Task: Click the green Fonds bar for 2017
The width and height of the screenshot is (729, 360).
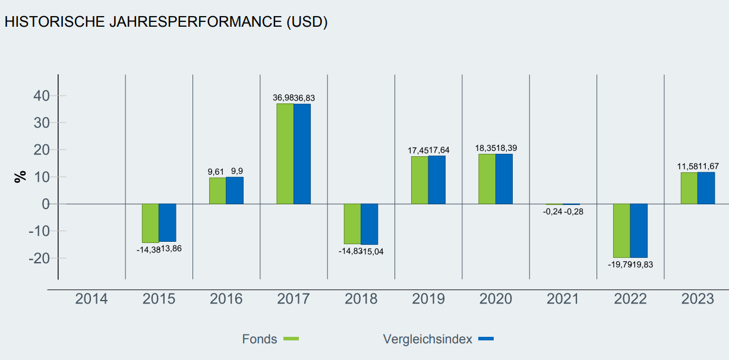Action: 285,154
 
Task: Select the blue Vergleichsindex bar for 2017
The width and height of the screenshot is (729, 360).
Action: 302,154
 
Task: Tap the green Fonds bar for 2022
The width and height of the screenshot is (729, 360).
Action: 621,230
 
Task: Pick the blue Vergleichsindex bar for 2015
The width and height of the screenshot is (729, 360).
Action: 167,222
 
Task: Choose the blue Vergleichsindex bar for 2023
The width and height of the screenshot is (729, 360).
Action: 706,188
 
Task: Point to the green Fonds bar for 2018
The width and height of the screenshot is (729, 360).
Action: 352,224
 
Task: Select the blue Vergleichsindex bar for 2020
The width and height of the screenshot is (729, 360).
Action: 504,179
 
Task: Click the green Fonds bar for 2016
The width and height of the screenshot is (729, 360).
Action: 217,191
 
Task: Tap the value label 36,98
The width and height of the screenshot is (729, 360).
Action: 283,98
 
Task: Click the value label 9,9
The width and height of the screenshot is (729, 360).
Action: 236,171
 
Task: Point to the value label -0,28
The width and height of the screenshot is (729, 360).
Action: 573,211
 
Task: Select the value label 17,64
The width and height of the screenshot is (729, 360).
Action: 439,150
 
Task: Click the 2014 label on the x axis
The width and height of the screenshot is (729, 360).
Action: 91,299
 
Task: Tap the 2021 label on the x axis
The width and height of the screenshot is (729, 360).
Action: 563,299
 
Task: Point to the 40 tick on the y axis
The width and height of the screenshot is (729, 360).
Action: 41,96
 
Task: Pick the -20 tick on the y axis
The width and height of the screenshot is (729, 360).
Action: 39,258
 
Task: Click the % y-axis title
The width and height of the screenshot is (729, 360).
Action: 21,176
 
